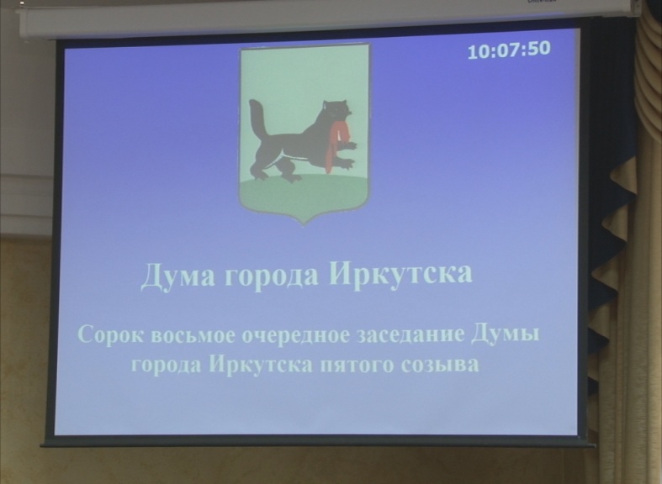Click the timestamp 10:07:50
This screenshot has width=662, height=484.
(x=509, y=50)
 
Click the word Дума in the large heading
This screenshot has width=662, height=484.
(x=177, y=276)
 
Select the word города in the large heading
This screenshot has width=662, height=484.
(x=272, y=277)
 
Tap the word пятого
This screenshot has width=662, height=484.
(x=357, y=366)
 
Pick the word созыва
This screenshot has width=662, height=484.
(x=440, y=365)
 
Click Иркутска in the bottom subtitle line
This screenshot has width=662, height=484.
(x=261, y=364)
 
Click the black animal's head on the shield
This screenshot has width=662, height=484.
(x=336, y=110)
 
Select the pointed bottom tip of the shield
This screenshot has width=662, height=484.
(x=304, y=224)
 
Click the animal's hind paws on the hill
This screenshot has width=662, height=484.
(x=275, y=174)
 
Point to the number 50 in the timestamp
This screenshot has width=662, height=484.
(x=538, y=49)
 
